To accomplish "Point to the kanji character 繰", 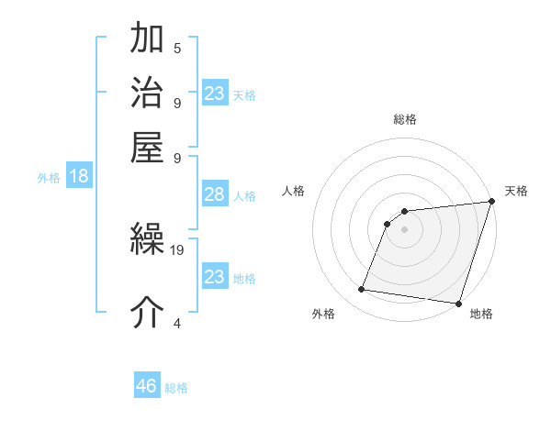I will (x=147, y=240).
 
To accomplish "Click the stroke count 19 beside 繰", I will (x=177, y=249).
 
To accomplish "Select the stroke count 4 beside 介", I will (x=177, y=323).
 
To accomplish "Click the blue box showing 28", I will (x=214, y=195).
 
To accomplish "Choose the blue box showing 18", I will (x=79, y=177).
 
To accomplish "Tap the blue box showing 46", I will (x=147, y=386).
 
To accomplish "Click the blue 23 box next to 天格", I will (x=214, y=94).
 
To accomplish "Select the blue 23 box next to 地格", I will (x=214, y=277).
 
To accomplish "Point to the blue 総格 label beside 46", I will (x=177, y=388).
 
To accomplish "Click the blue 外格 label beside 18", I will (x=49, y=178).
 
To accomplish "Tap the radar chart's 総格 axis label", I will (x=405, y=119).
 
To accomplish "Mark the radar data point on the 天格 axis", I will (x=491, y=202).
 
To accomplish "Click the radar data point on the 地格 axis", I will (x=458, y=304).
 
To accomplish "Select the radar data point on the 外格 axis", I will (x=362, y=290).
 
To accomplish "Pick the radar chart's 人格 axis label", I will (x=294, y=191).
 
